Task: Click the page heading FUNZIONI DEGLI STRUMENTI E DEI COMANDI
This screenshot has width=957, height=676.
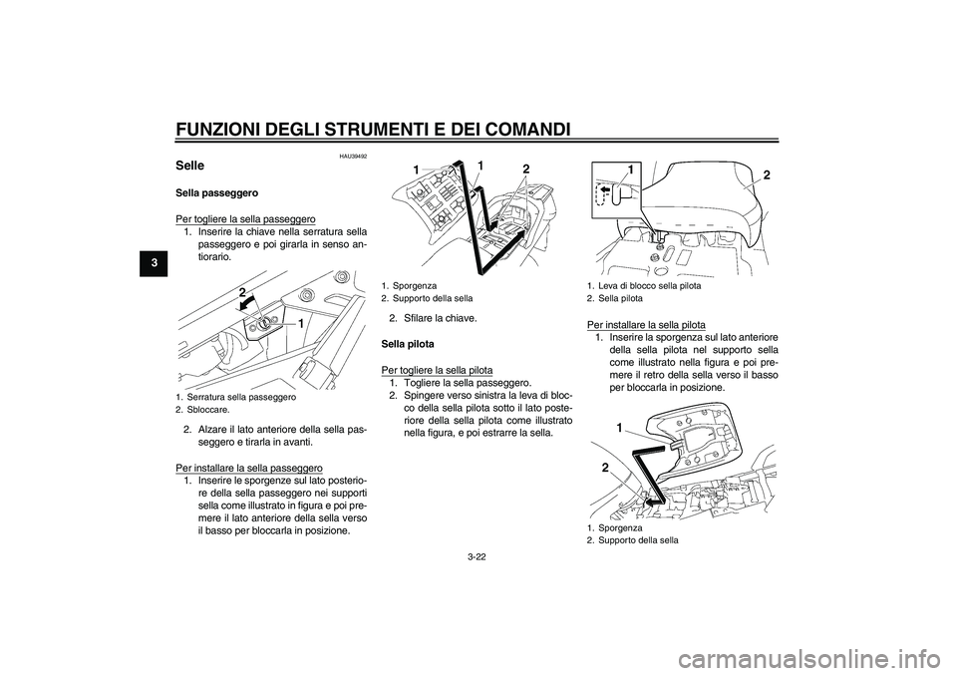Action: [x=374, y=130]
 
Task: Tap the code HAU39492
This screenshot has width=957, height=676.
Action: [x=355, y=157]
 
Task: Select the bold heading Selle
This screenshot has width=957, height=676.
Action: [x=189, y=166]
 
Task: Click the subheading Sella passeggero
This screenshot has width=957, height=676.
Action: [x=216, y=193]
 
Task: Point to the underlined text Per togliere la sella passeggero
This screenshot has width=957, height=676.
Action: [x=245, y=218]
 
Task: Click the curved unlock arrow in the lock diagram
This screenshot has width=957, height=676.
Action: [x=248, y=303]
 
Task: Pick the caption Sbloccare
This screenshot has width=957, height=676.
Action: [x=208, y=409]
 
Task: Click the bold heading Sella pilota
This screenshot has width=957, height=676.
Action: [x=408, y=344]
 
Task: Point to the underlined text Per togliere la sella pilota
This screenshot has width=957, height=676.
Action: [x=437, y=370]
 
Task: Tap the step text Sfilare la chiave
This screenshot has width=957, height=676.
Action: [x=441, y=319]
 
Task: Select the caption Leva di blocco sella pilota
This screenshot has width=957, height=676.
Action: [x=650, y=286]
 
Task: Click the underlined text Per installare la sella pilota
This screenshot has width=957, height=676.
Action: [x=646, y=325]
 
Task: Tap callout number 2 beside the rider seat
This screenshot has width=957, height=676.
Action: [x=767, y=175]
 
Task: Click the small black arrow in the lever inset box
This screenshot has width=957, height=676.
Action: [x=605, y=189]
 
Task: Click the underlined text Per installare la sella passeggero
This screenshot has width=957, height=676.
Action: [x=249, y=468]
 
